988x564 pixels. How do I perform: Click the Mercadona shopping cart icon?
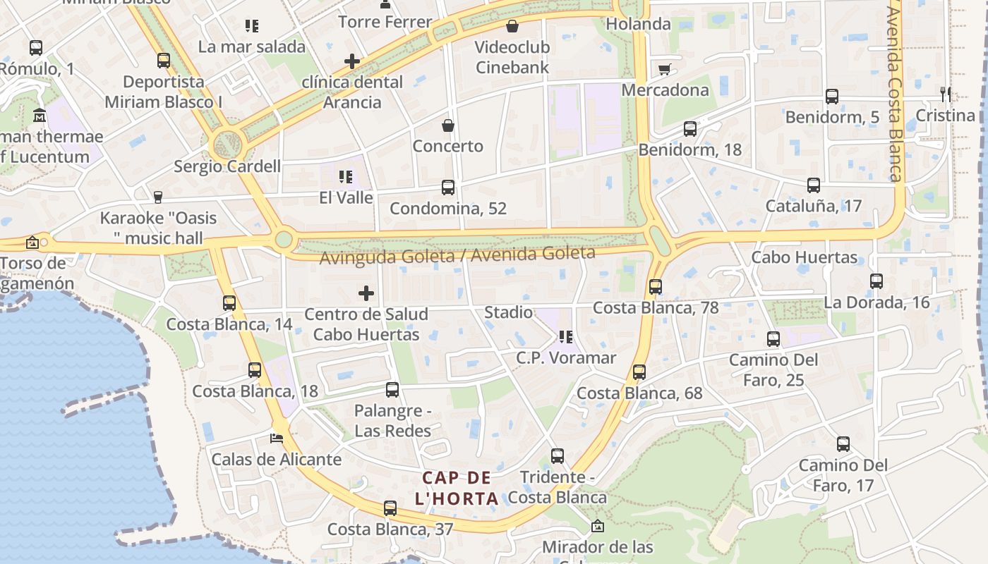point(664,69)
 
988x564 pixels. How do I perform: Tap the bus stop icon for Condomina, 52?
point(448,188)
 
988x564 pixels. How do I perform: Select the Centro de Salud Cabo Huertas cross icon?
point(366,293)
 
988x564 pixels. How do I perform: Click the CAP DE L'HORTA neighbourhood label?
point(457,488)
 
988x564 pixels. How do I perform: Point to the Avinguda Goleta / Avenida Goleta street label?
point(457,255)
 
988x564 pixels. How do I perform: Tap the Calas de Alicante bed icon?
point(277,439)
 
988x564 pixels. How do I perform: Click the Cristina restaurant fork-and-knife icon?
point(946,94)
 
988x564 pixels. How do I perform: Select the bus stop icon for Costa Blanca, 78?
point(656,287)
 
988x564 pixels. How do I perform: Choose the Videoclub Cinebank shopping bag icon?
point(512,27)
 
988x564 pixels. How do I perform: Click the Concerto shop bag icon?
point(448,126)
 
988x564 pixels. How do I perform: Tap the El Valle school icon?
point(346,176)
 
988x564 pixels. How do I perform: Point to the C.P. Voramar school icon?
point(565,337)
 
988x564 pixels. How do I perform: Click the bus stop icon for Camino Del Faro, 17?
point(843,444)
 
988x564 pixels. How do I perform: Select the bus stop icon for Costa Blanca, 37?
point(390,508)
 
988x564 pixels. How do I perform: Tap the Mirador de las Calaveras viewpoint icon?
point(598,526)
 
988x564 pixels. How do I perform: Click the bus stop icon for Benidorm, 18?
point(690,129)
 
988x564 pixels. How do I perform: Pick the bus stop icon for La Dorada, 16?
point(876,281)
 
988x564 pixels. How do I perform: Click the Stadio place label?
point(508,312)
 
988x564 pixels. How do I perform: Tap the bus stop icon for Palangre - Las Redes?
point(392,390)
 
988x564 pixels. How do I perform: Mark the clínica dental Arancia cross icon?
point(352,61)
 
